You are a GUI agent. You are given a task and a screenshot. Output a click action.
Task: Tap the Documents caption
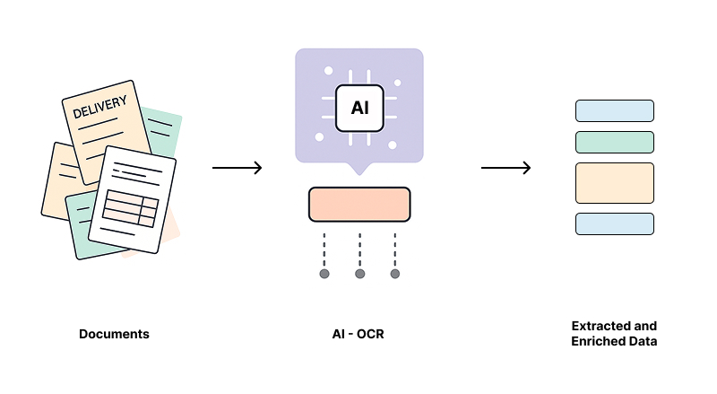coord(114,335)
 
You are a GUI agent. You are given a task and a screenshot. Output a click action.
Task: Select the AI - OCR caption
coord(358,335)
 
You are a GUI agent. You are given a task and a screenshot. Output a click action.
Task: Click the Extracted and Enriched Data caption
coord(614,333)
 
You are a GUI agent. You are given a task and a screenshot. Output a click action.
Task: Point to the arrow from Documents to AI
coord(237,168)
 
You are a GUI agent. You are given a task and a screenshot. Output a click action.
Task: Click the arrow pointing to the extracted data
coord(505,168)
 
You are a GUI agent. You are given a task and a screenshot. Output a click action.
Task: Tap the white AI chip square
coord(359,109)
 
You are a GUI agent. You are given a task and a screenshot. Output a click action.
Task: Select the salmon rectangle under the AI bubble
coord(359,204)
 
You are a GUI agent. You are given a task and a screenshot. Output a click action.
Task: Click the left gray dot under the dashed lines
coord(324,274)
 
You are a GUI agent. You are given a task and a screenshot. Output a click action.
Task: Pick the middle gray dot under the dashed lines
coord(359,274)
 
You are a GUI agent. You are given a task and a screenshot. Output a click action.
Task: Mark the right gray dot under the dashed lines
coord(394,274)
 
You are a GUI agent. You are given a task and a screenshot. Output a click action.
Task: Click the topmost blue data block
coord(614,110)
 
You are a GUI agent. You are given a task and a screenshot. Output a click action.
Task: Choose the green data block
coord(614,142)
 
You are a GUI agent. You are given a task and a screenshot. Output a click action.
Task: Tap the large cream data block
coord(614,183)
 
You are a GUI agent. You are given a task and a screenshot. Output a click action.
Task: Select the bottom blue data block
coord(614,223)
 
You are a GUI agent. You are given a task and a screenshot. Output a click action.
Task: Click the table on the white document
coord(130,208)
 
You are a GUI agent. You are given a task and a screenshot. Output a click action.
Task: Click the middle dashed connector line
coord(359,249)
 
